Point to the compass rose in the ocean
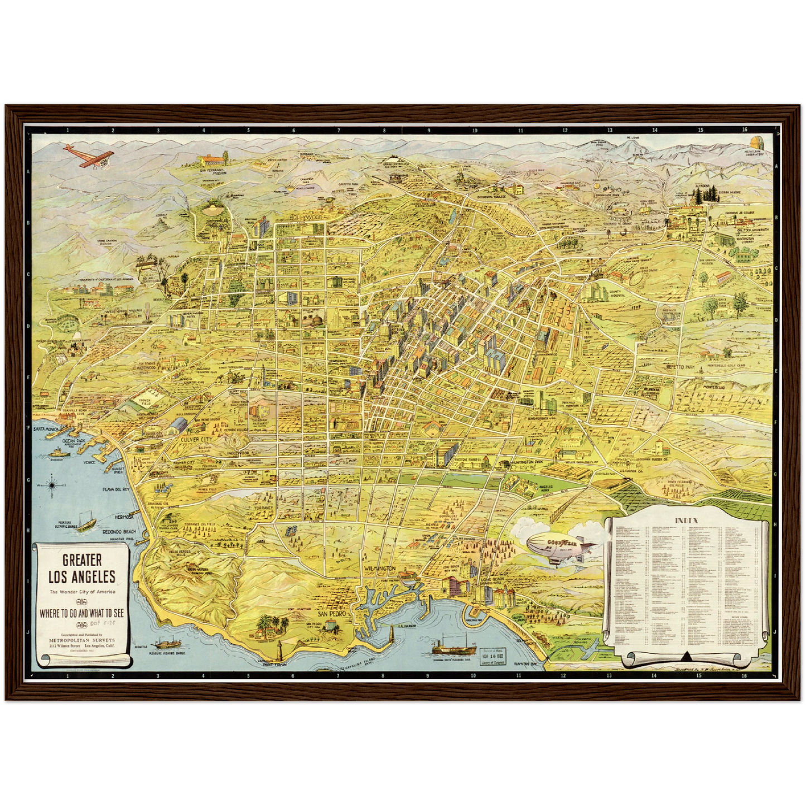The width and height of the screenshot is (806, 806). point(52,484)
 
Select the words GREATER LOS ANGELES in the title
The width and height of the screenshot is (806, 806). point(81,568)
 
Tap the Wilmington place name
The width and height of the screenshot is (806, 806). point(379,568)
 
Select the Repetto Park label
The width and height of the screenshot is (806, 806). point(680,367)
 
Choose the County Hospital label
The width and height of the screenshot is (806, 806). point(616,292)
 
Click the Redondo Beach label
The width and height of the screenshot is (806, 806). point(119,532)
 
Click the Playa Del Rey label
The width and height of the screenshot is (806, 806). point(115,489)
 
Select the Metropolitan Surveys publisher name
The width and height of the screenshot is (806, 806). point(81,640)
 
